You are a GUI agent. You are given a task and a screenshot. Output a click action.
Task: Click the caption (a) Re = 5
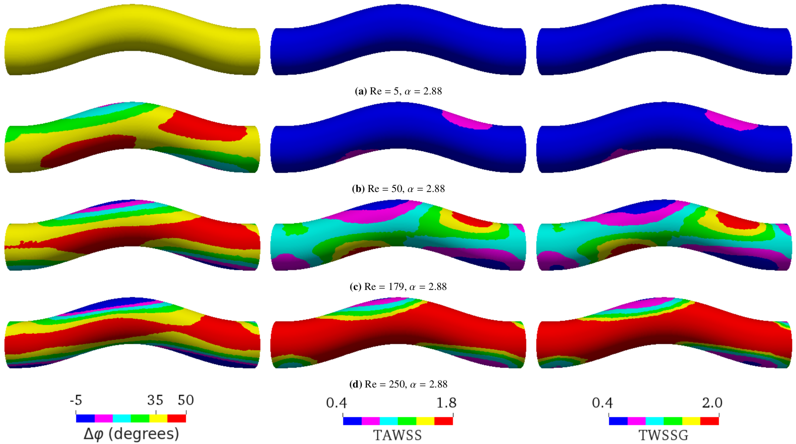click(398, 91)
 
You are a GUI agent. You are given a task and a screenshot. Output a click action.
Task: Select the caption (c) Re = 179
click(398, 287)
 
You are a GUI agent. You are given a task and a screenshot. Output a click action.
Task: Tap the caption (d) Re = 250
click(398, 384)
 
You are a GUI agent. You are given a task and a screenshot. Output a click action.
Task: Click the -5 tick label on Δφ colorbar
click(76, 400)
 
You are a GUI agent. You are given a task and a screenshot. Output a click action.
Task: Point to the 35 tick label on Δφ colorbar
click(155, 400)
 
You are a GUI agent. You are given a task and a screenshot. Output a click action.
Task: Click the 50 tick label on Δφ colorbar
click(185, 400)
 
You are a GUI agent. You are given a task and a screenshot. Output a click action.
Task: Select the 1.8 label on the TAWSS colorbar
click(446, 403)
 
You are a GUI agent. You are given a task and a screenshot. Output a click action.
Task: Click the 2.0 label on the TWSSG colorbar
click(712, 403)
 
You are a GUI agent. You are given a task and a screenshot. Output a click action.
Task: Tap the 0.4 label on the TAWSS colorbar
click(337, 403)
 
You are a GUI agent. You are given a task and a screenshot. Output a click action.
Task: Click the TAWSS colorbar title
click(397, 435)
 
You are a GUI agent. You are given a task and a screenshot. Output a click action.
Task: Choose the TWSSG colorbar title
click(663, 435)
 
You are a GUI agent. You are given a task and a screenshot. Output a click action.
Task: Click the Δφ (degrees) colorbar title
click(131, 434)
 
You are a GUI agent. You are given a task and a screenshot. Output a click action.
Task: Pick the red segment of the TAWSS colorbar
click(444, 421)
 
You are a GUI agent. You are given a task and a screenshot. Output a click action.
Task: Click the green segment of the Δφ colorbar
click(140, 418)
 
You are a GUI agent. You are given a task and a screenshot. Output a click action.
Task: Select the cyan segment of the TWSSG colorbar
click(655, 421)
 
